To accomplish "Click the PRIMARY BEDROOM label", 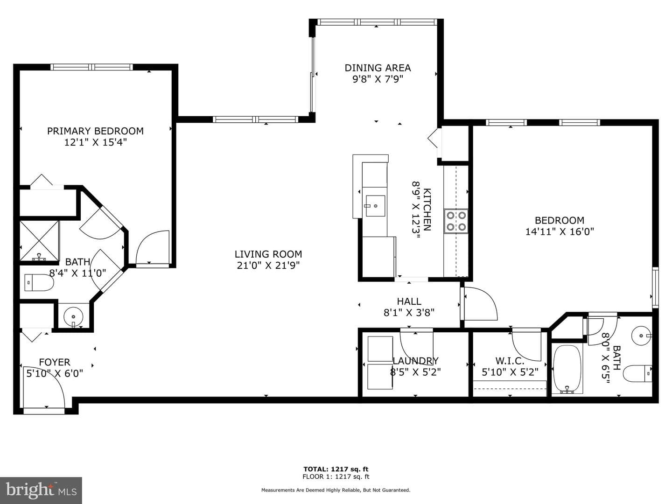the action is click(x=95, y=131).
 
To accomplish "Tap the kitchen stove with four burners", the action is click(x=456, y=221).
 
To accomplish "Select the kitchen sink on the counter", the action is click(x=375, y=206).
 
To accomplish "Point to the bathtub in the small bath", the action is click(x=567, y=369).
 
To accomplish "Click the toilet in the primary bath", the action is click(x=39, y=282).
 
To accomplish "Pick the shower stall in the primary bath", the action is click(x=39, y=241).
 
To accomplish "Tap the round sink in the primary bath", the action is click(x=73, y=317).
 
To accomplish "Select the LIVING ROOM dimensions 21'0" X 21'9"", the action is click(x=268, y=266).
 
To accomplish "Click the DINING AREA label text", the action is click(x=378, y=68).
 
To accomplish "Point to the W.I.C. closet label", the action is click(x=510, y=361).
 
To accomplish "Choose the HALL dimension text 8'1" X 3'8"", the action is click(x=409, y=313).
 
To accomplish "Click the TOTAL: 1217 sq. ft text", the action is click(x=336, y=469).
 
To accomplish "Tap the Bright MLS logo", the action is click(x=41, y=490).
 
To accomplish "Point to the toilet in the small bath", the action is click(x=637, y=374).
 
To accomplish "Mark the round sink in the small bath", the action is click(x=641, y=336).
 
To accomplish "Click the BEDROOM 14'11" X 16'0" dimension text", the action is click(x=560, y=231).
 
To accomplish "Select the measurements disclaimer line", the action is click(x=336, y=490).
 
